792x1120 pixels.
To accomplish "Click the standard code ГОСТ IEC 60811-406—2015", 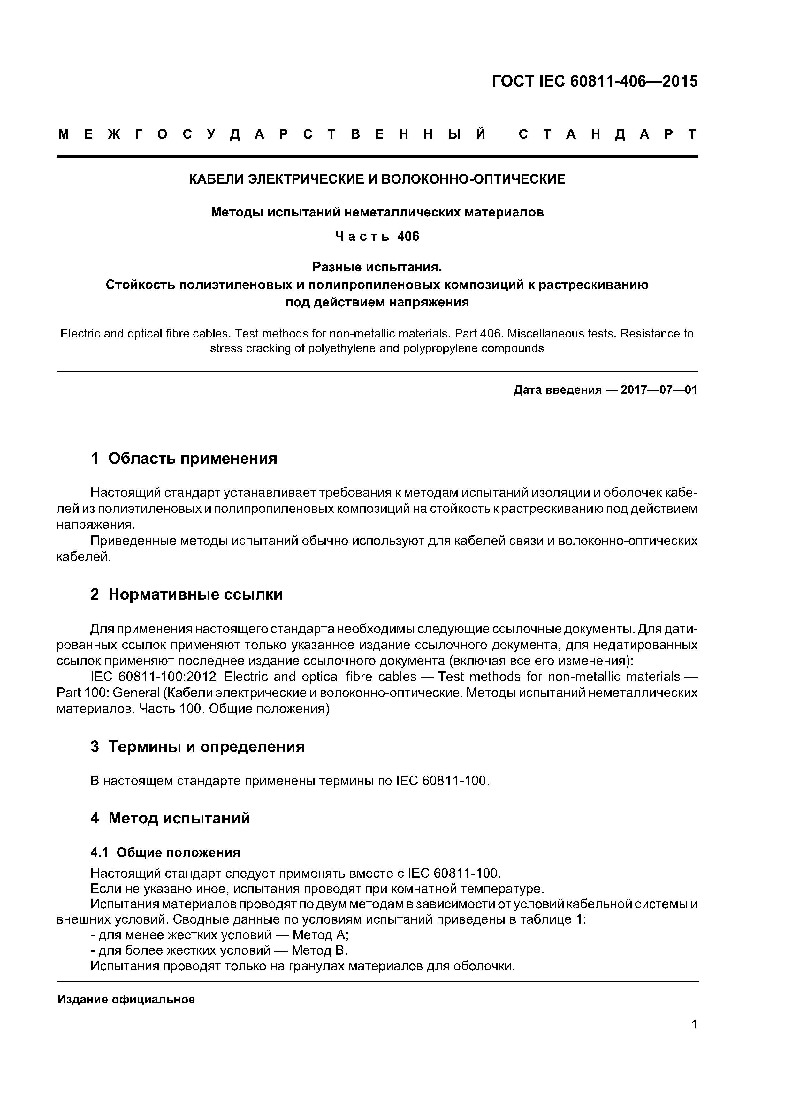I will pos(595,81).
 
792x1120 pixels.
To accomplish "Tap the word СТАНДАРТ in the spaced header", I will pos(608,134).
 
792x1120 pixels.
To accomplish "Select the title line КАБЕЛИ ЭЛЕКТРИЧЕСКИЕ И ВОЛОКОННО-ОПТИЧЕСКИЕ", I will pos(377,179).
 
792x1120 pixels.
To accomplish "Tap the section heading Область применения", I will pos(192,458).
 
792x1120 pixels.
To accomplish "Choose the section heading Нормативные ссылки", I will pos(195,594).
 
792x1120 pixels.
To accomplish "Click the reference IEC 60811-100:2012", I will pos(156,677).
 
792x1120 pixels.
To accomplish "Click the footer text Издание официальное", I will pos(126,1000).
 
